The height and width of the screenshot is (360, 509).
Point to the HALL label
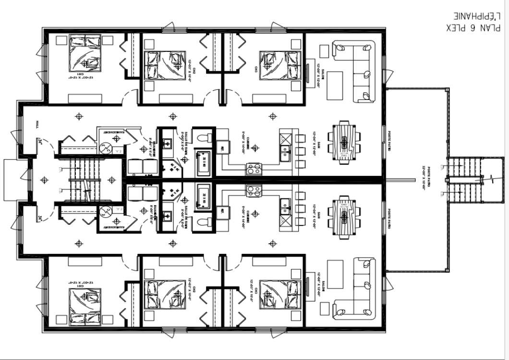[x=37, y=125]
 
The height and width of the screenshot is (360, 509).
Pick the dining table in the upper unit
[x=344, y=142]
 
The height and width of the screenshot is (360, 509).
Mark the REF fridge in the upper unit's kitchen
[x=222, y=149]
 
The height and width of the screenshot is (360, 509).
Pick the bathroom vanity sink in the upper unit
[x=168, y=143]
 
